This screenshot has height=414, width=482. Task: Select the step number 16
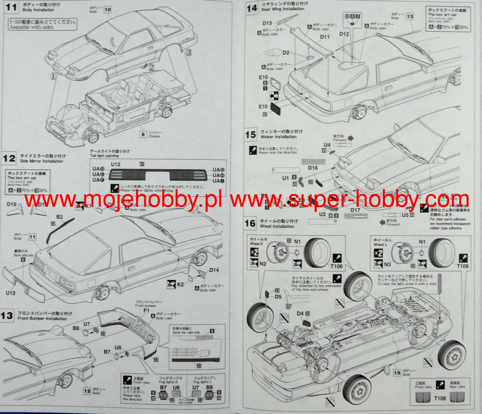pos(250,224)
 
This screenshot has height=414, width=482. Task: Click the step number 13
pos(8,316)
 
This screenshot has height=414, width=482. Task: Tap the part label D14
pos(214,270)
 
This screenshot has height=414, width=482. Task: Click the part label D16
pos(312,168)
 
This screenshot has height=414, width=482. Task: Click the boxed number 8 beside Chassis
pos(143,134)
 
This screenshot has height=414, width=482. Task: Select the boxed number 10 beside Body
pos(107,9)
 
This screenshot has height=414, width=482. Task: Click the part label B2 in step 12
pos(59,217)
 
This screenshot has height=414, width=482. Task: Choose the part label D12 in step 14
pos(344,33)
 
